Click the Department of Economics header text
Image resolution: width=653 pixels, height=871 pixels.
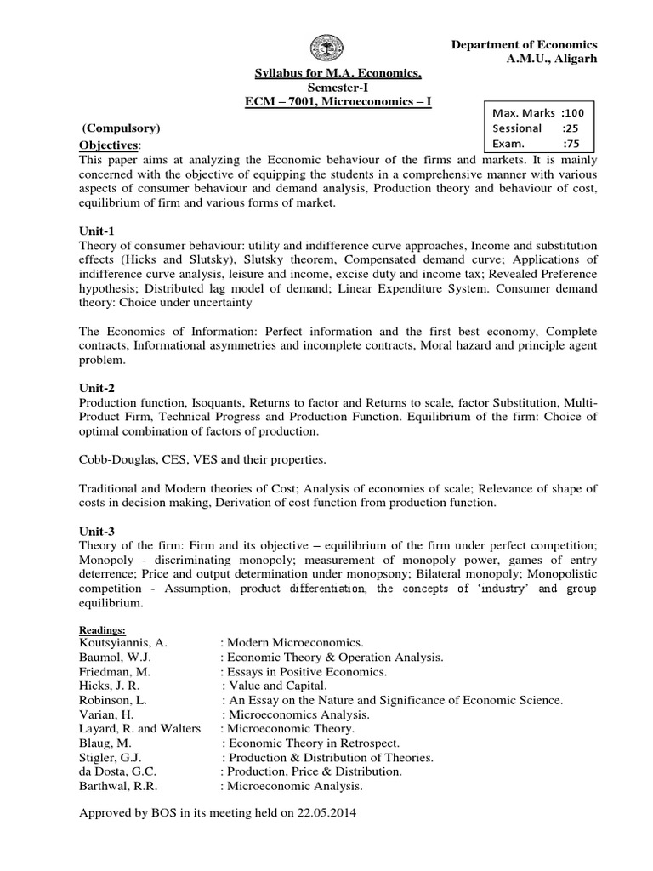tap(523, 44)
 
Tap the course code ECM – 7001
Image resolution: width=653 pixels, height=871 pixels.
tap(277, 102)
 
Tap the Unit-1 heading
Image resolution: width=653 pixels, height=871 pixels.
tap(95, 231)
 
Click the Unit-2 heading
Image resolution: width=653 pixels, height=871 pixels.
tap(95, 386)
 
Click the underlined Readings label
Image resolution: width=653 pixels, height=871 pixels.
tap(102, 629)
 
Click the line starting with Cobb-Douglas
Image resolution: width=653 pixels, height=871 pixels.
tap(202, 458)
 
